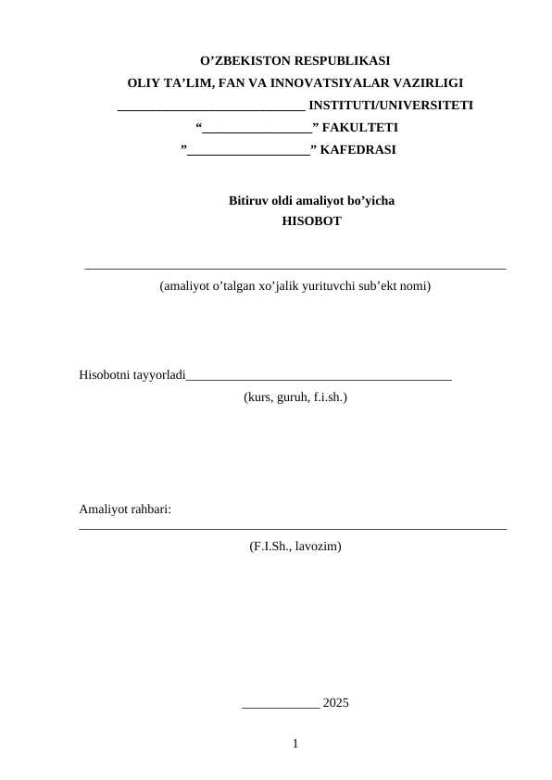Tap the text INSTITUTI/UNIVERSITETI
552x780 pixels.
click(x=391, y=105)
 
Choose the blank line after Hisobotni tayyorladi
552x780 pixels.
click(x=319, y=378)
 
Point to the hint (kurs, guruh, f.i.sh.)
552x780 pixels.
click(x=295, y=396)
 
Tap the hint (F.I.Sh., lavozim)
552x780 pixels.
click(x=295, y=547)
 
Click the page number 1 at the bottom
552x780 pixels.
click(x=295, y=743)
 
